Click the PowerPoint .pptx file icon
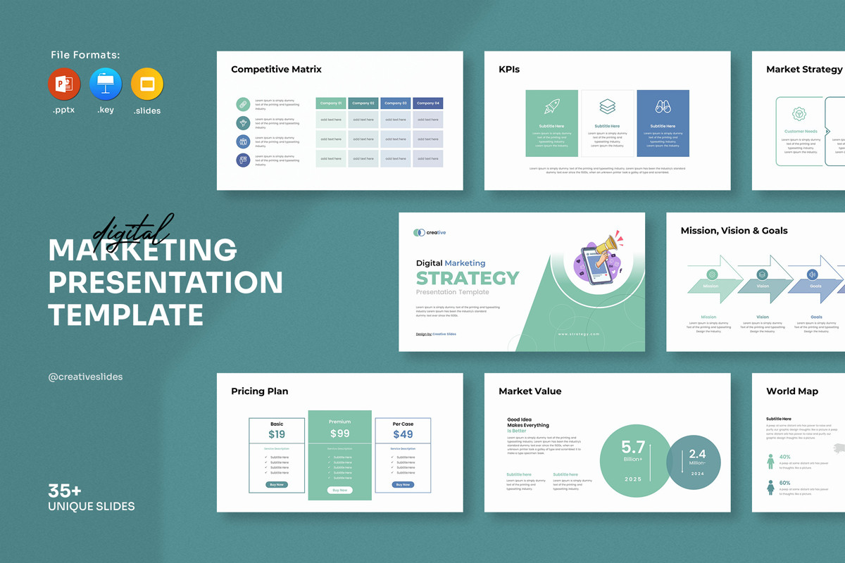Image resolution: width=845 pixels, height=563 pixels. [64, 85]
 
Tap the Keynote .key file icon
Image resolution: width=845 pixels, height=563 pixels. [106, 85]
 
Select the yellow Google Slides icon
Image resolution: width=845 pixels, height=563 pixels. [147, 85]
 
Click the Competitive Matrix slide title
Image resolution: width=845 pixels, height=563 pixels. [276, 70]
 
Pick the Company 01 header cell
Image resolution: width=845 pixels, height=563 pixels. [331, 103]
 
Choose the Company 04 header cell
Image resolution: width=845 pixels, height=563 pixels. [427, 103]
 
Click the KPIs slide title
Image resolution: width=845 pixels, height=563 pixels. [509, 70]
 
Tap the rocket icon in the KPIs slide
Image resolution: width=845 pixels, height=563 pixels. [551, 107]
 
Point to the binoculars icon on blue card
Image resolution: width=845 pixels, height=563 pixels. [663, 107]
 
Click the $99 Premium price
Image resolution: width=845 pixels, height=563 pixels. [339, 434]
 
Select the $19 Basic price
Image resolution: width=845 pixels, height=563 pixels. [277, 435]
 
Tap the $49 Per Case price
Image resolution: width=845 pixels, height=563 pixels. [403, 435]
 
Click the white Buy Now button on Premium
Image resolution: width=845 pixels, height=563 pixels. [339, 490]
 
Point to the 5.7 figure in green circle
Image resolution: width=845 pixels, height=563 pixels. [633, 447]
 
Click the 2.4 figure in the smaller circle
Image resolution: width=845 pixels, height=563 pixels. [697, 454]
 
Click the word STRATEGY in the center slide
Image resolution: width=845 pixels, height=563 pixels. [468, 278]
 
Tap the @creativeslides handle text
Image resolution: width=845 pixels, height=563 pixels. [85, 377]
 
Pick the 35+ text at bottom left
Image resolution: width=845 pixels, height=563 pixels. [65, 491]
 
